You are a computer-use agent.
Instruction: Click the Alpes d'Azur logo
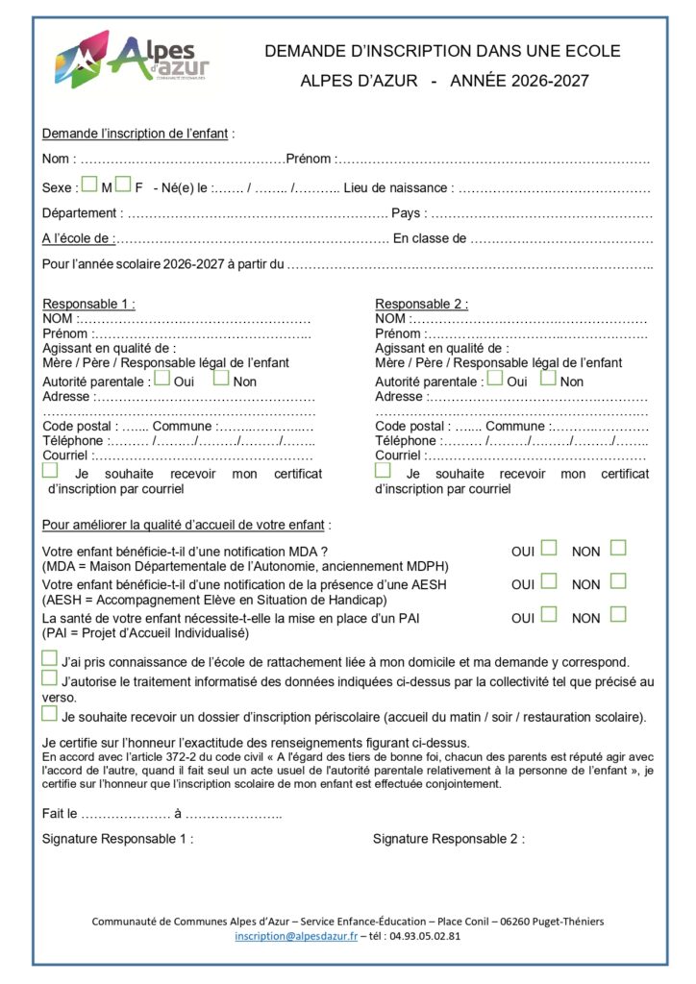tap(132, 61)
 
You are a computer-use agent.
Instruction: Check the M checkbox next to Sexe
tap(88, 184)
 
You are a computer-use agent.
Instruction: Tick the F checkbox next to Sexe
tap(123, 184)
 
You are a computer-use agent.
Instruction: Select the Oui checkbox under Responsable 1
tap(162, 378)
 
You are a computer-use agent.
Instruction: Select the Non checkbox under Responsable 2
tap(548, 378)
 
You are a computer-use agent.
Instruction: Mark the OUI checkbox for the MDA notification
tap(549, 548)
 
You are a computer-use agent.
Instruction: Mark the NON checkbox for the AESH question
tap(618, 580)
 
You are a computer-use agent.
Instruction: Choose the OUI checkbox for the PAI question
tap(549, 614)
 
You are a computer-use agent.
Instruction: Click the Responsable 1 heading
tap(88, 305)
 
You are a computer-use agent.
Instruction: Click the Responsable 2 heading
tap(421, 305)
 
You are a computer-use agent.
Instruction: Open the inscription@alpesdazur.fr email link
tap(296, 936)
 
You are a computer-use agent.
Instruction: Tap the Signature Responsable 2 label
tap(448, 839)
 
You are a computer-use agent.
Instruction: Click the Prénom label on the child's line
tap(309, 159)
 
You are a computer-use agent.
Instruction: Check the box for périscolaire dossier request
tap(49, 714)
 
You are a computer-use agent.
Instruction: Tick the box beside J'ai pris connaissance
tap(49, 659)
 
